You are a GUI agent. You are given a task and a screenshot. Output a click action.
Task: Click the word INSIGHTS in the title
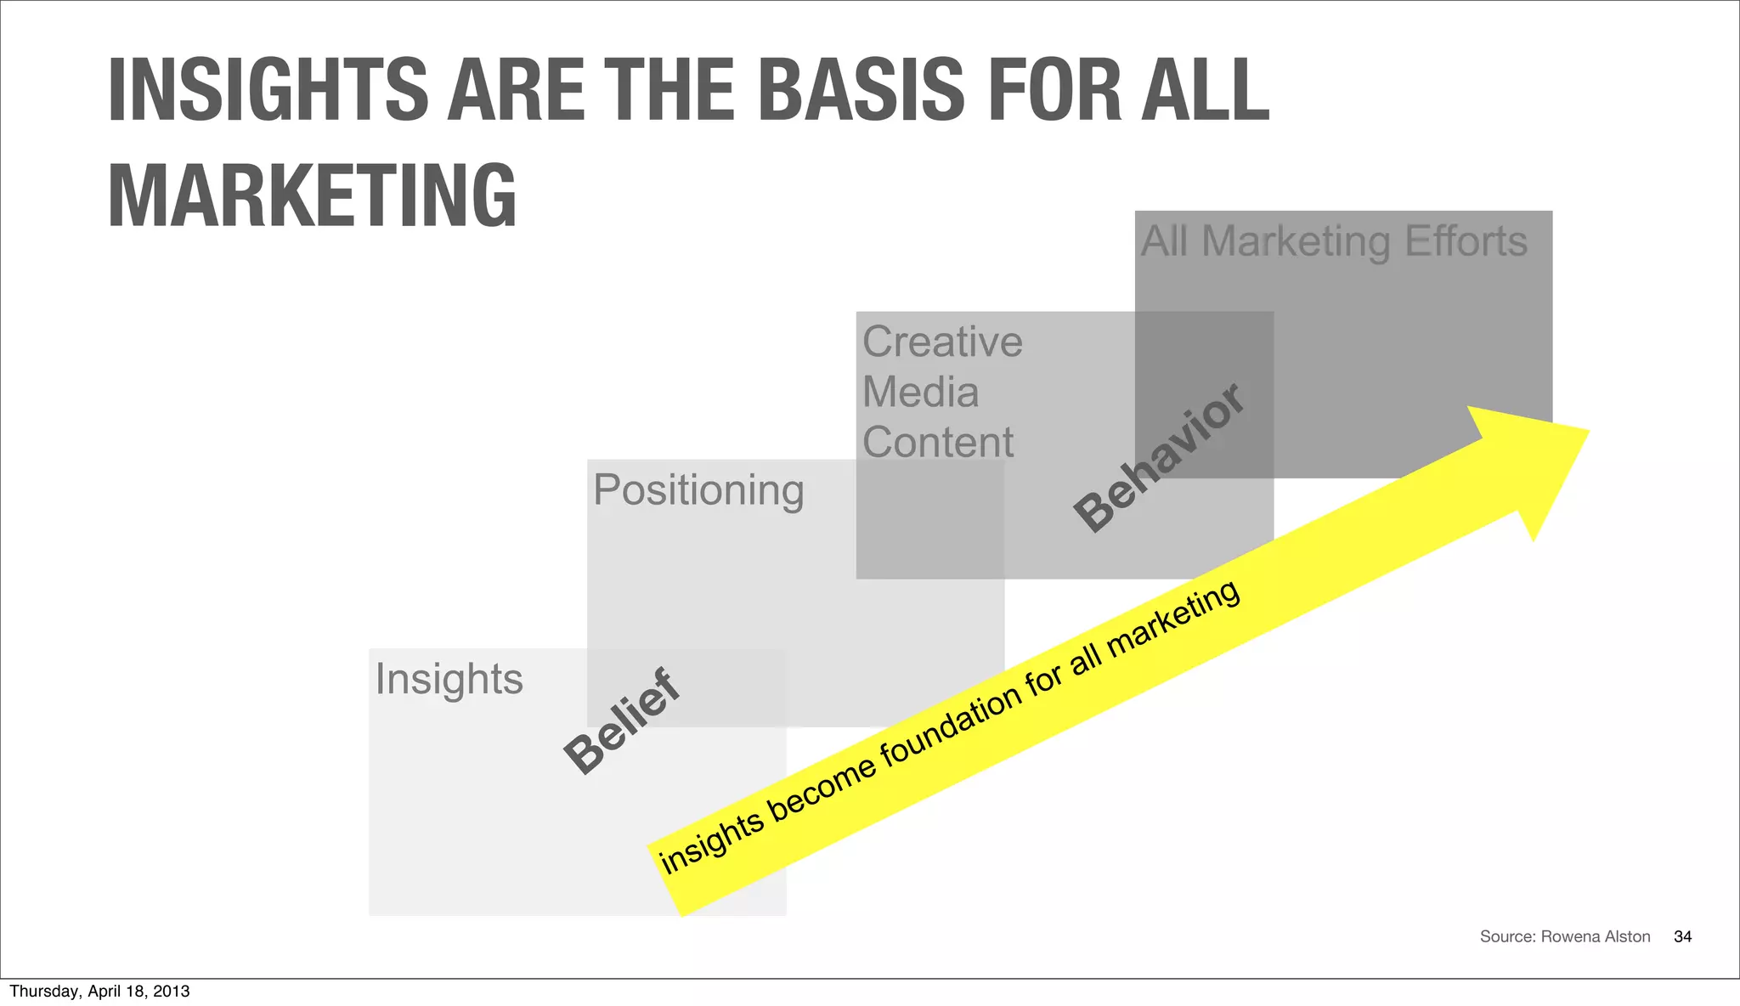(268, 89)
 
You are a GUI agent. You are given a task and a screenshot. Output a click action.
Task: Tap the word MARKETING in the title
(312, 195)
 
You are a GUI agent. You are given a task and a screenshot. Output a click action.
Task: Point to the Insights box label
(449, 679)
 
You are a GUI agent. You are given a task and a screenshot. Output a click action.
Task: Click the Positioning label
(698, 490)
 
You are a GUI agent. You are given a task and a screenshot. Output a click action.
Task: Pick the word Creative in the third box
(942, 342)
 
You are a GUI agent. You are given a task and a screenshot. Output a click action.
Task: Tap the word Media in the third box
(921, 393)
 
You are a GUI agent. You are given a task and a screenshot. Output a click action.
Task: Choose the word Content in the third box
(938, 443)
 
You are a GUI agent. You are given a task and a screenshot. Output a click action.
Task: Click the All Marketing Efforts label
(1333, 241)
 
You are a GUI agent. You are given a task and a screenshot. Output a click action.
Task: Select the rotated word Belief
(622, 721)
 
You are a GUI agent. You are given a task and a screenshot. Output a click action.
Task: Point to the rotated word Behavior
(1159, 458)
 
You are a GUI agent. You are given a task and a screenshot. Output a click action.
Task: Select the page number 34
(1682, 936)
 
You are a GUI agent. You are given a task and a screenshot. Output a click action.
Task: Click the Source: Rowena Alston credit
(1564, 936)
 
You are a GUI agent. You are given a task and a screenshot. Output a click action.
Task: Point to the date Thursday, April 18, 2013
(99, 991)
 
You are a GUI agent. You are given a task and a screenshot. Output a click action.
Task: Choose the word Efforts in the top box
(1466, 241)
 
